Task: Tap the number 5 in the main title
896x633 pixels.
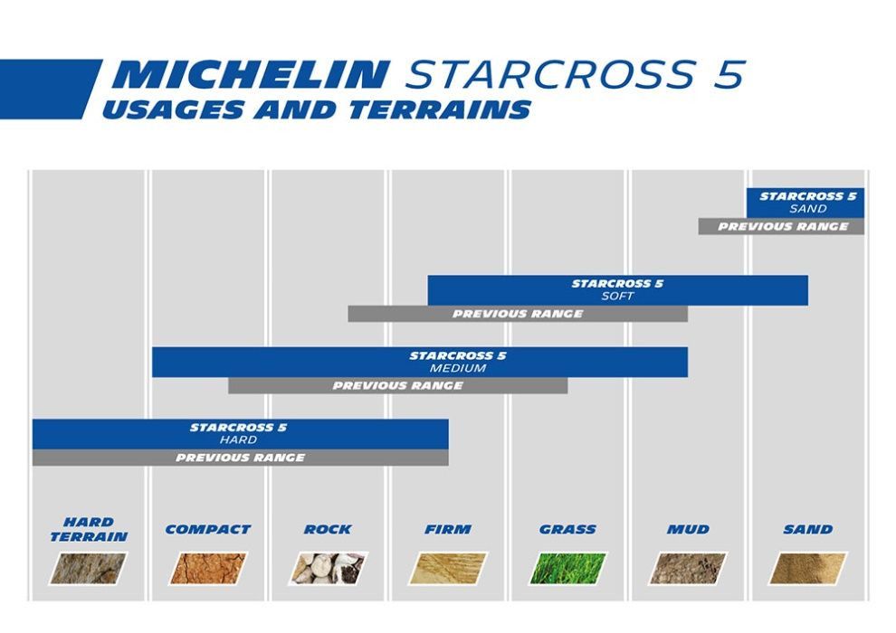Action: click(x=728, y=74)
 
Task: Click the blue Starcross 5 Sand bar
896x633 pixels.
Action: click(x=805, y=202)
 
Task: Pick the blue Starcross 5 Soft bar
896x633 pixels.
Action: click(x=617, y=290)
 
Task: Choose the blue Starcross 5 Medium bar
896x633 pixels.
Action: click(x=419, y=362)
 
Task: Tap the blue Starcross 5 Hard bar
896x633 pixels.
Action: click(x=240, y=433)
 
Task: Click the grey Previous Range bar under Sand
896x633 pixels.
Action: click(x=781, y=227)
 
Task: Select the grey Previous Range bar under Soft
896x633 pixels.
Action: click(x=518, y=314)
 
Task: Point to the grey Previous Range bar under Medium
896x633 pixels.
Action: click(x=397, y=386)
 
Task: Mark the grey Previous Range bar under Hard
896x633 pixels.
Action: click(x=240, y=458)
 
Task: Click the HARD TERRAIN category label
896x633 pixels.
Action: click(x=89, y=529)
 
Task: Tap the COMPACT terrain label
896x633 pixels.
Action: click(x=207, y=529)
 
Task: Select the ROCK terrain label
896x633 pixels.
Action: click(x=328, y=529)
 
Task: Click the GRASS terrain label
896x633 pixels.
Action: click(x=567, y=529)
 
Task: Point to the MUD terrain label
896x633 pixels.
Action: click(x=688, y=529)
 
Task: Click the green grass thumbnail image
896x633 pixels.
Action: click(x=568, y=568)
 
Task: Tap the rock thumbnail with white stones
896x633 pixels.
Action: click(x=328, y=568)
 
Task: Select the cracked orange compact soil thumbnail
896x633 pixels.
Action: click(x=208, y=568)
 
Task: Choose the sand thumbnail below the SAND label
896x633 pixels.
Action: click(x=807, y=568)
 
